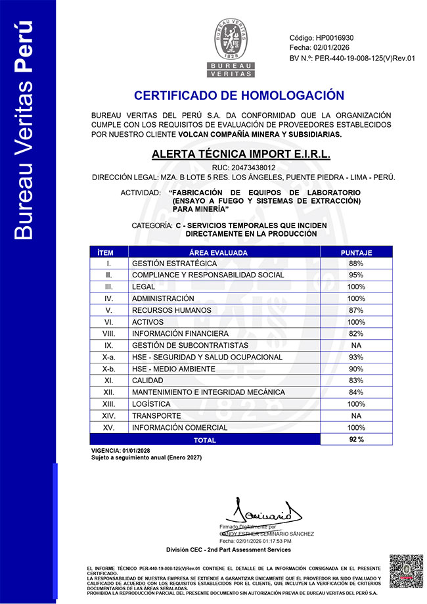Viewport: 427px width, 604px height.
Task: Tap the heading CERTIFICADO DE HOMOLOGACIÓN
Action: click(238, 95)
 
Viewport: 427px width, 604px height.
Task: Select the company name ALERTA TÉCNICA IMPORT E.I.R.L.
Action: click(241, 155)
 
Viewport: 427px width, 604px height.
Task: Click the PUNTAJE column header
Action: click(356, 252)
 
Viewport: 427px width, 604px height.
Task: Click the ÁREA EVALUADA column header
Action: click(223, 252)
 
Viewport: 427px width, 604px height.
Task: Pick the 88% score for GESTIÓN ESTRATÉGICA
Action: click(356, 264)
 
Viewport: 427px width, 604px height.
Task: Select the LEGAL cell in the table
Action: click(144, 287)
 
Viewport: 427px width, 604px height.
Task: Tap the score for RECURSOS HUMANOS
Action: click(356, 310)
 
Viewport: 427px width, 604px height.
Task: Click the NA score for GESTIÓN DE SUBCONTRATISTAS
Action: click(356, 345)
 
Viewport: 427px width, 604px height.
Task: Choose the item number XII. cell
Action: click(109, 392)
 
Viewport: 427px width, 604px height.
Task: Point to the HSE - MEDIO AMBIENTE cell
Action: click(173, 369)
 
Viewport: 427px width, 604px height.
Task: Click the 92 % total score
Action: click(356, 439)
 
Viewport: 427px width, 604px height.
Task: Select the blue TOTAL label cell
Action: click(204, 439)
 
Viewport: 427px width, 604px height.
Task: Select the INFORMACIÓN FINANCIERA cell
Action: click(180, 334)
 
